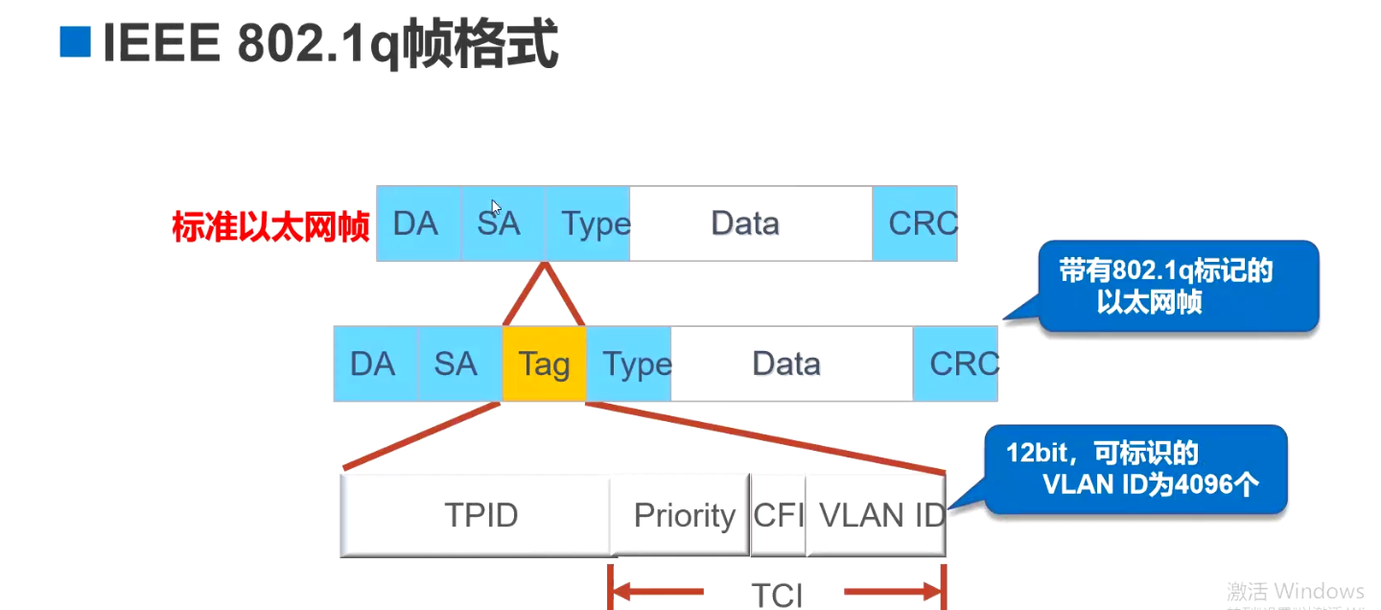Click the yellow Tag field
(x=544, y=364)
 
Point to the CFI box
(x=778, y=515)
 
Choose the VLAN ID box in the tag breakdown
(x=877, y=515)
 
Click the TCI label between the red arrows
(x=776, y=594)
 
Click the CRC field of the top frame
(x=916, y=223)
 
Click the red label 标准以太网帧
(x=270, y=227)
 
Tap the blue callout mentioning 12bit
(x=1136, y=469)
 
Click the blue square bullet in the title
(x=75, y=43)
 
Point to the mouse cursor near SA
(x=496, y=207)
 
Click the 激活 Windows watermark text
(x=1295, y=590)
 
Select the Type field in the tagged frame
(x=629, y=364)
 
